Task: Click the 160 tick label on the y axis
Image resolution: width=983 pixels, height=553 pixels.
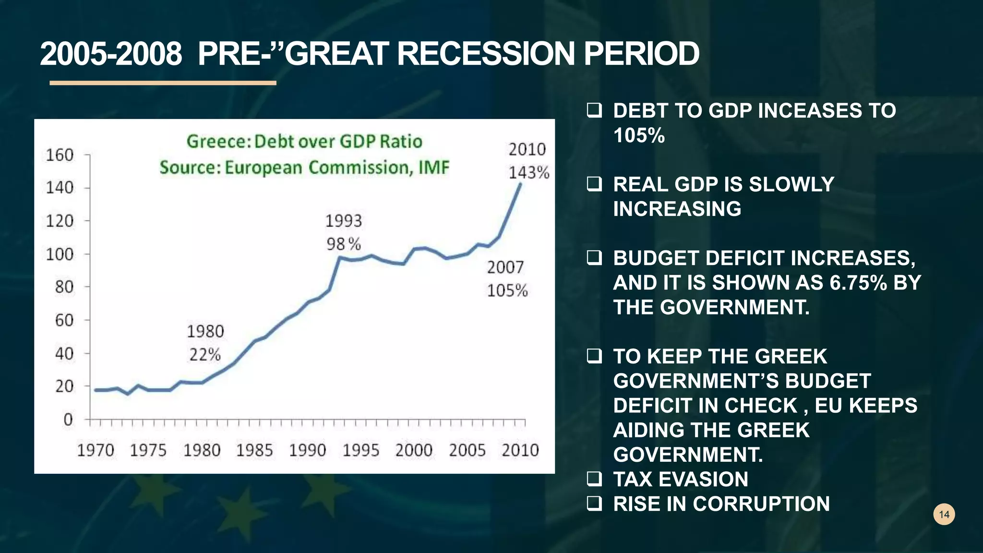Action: click(60, 155)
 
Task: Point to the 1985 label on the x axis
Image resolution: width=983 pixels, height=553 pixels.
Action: click(254, 450)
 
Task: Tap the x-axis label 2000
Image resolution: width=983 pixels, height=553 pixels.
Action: click(414, 450)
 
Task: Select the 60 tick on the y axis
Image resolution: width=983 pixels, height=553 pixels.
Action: click(64, 320)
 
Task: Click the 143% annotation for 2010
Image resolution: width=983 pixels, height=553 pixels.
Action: click(529, 172)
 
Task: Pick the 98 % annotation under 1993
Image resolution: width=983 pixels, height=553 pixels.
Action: click(344, 244)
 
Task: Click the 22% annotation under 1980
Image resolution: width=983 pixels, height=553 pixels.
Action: click(205, 355)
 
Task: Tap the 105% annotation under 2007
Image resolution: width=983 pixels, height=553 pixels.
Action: click(507, 290)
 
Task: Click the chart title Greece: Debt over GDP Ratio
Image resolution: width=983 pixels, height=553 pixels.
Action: click(304, 142)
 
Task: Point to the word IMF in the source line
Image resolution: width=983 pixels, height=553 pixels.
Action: click(434, 168)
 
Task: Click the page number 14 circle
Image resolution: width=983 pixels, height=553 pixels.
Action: click(944, 515)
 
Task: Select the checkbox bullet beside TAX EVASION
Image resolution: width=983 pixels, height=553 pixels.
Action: click(594, 479)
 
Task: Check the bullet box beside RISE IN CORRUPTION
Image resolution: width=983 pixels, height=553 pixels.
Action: click(594, 503)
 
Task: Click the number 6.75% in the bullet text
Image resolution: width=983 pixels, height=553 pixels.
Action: click(858, 283)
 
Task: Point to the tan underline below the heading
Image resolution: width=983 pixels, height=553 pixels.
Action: click(163, 83)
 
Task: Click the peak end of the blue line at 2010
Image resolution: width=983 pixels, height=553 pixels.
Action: click(520, 184)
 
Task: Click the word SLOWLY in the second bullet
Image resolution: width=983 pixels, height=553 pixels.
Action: click(791, 184)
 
